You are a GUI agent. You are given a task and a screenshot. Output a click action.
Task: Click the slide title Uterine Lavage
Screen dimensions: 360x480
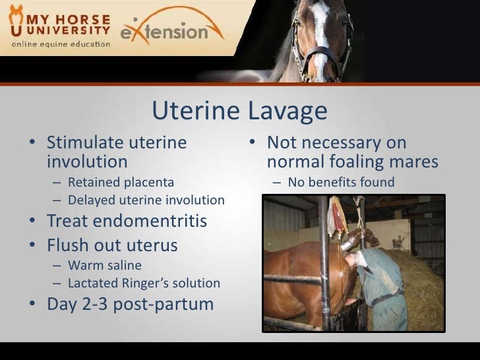[239, 111]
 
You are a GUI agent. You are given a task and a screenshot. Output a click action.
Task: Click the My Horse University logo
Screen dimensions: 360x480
[59, 26]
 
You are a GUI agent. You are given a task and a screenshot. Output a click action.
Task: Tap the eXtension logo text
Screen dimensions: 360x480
[173, 30]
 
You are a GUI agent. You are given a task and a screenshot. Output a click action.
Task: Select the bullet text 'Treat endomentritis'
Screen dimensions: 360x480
[127, 222]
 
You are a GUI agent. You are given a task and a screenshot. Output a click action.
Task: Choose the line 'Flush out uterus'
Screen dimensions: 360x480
[112, 245]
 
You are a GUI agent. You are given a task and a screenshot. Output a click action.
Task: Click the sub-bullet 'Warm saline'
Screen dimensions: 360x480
[103, 266]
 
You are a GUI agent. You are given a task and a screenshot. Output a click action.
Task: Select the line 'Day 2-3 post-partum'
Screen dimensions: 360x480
[130, 305]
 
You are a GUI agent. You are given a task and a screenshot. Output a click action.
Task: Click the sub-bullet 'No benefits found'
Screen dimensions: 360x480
[341, 183]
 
